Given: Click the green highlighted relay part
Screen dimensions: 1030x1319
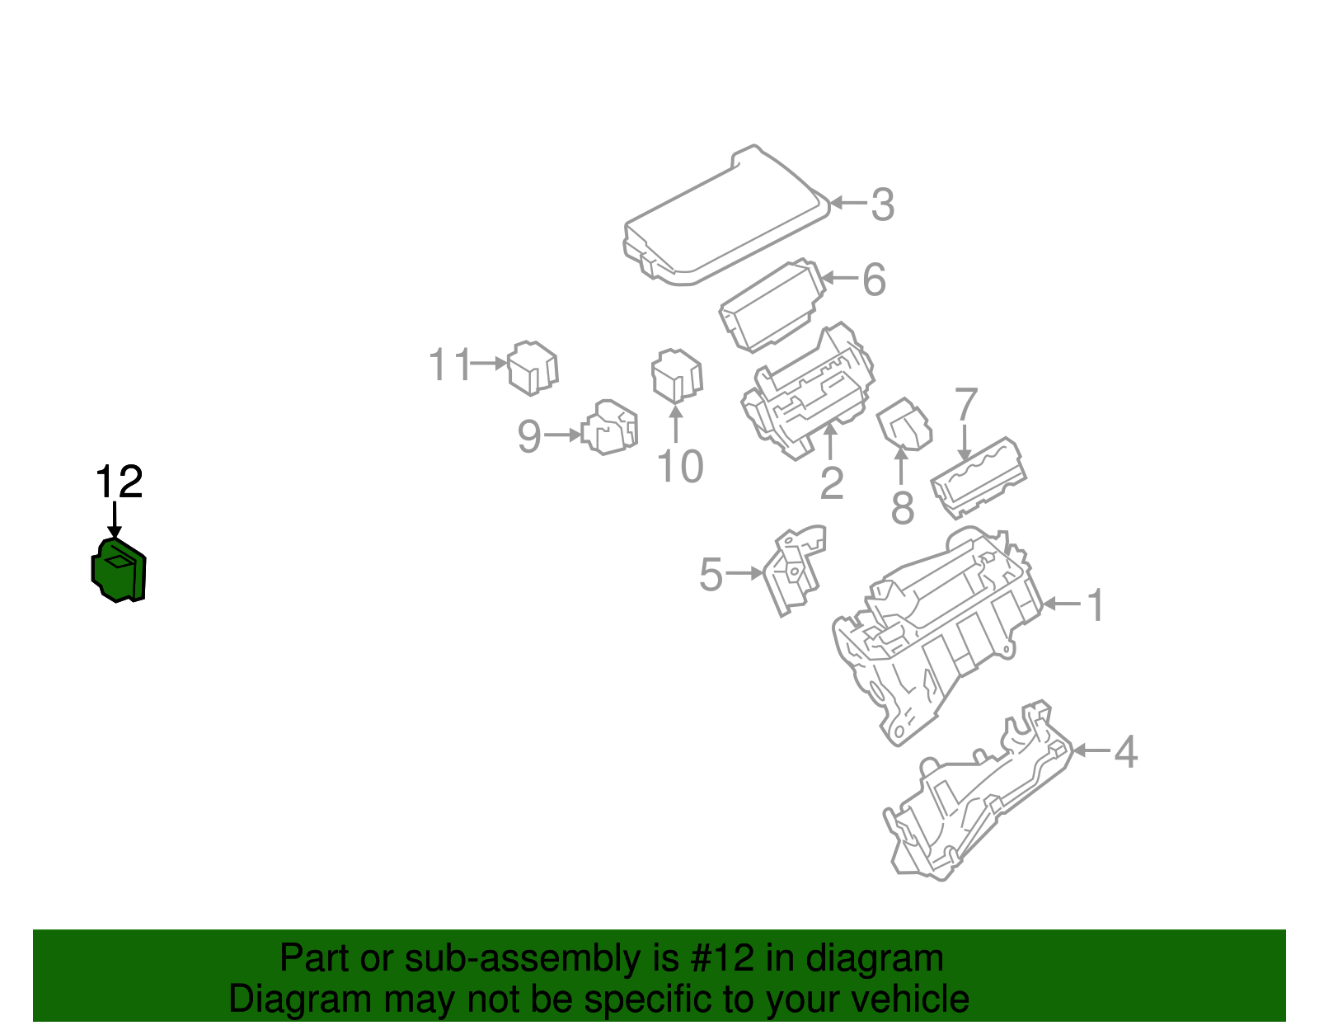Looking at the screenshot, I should pyautogui.click(x=119, y=570).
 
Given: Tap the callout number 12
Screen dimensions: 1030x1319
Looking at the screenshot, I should pyautogui.click(x=120, y=482).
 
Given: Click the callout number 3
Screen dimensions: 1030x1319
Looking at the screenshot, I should pyautogui.click(x=882, y=205).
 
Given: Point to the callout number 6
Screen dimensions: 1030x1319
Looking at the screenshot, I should pyautogui.click(x=874, y=280).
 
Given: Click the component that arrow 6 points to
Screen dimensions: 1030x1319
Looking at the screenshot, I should pyautogui.click(x=771, y=307).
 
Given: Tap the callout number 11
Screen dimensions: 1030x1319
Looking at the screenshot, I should pyautogui.click(x=449, y=364).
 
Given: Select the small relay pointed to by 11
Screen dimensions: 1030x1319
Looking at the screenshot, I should pyautogui.click(x=533, y=368).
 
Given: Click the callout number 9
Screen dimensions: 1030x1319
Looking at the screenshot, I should pyautogui.click(x=529, y=436).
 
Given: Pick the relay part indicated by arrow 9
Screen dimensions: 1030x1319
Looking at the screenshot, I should pyautogui.click(x=610, y=427).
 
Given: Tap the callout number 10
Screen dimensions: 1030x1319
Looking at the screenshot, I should pyautogui.click(x=680, y=467).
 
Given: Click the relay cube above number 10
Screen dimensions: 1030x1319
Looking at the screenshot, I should pyautogui.click(x=676, y=376).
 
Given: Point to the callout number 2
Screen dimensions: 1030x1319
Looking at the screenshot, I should pyautogui.click(x=832, y=483).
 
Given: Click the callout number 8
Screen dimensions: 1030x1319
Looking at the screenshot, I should pyautogui.click(x=903, y=507).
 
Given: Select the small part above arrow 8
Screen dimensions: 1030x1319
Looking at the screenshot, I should pyautogui.click(x=904, y=424).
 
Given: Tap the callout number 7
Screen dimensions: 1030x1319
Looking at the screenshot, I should pyautogui.click(x=965, y=405).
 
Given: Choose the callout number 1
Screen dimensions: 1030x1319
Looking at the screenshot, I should pyautogui.click(x=1096, y=606).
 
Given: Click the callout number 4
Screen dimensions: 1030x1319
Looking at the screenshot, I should pyautogui.click(x=1126, y=752).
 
